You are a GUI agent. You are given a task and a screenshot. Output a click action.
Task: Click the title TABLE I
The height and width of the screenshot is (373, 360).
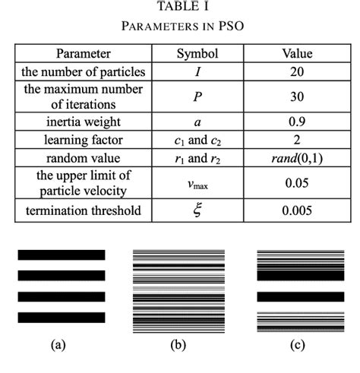(179, 7)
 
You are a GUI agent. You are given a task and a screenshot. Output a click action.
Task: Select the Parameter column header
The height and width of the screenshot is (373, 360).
(83, 54)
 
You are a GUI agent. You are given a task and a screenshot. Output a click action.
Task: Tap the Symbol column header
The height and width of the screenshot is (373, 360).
(197, 54)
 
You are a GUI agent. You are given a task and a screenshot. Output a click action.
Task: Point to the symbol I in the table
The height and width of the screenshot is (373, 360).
(197, 72)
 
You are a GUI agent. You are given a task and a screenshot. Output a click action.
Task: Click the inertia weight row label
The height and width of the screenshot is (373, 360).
(83, 122)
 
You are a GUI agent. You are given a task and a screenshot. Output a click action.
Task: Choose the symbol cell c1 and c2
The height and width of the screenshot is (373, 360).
(197, 140)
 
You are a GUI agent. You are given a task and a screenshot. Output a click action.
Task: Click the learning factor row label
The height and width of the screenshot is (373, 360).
(83, 140)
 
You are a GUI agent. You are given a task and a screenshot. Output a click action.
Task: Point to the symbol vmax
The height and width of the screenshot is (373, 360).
(197, 184)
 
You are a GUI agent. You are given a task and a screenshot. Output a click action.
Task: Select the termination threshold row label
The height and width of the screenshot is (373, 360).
(83, 210)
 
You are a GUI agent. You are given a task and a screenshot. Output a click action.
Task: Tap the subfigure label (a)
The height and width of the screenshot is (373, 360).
(57, 346)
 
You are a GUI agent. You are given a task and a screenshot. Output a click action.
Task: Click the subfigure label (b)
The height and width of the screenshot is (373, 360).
(178, 346)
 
